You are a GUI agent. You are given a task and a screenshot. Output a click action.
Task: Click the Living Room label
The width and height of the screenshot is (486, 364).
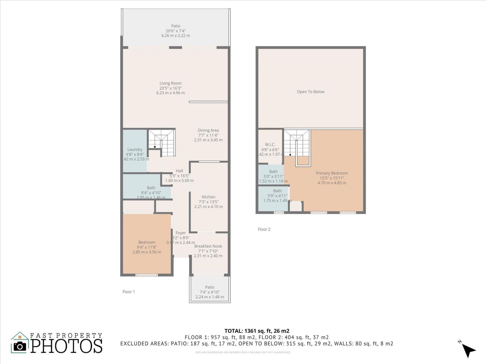[170, 83]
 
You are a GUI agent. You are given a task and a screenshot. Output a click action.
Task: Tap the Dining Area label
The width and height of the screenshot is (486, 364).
[208, 130]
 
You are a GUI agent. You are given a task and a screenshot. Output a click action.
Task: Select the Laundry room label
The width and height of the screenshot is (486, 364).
[135, 149]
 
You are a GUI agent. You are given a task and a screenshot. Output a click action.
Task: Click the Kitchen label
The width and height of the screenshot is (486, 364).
[208, 197]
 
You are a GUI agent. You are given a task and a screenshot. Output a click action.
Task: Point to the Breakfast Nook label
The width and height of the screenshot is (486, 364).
[208, 246]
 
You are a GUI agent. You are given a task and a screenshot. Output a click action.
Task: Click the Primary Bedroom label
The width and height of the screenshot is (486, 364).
[332, 173]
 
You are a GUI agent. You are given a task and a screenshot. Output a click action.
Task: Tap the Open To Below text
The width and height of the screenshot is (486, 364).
[310, 92]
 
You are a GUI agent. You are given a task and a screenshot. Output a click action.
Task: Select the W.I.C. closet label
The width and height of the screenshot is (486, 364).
[270, 145]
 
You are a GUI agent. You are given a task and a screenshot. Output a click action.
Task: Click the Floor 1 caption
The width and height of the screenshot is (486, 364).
[129, 292]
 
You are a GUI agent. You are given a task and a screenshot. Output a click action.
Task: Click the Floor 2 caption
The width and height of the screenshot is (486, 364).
[264, 229]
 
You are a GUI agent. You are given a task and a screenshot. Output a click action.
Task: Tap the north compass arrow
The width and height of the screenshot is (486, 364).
[468, 350]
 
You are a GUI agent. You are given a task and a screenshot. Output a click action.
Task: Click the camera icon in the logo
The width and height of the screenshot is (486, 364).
[20, 346]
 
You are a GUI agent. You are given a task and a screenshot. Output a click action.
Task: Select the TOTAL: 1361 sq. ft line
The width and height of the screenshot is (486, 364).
[257, 331]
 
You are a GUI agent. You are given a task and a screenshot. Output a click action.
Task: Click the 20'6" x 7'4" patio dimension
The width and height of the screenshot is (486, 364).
[176, 31]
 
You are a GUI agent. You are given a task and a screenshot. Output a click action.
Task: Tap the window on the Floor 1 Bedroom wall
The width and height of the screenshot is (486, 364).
[147, 275]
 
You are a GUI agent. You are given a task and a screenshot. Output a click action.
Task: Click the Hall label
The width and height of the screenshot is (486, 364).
[179, 171]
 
